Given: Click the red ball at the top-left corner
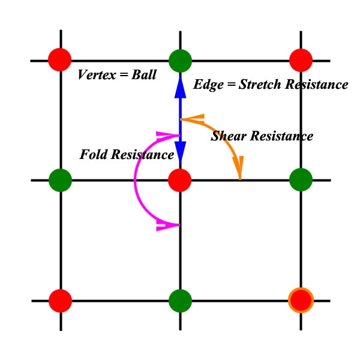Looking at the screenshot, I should point(60,60).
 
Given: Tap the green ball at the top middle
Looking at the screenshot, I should point(180,60).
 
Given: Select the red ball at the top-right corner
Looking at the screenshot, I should point(301,60).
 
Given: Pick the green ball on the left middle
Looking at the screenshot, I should point(60,179).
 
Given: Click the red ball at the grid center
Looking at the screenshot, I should point(180,179).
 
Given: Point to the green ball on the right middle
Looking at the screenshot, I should point(301,179).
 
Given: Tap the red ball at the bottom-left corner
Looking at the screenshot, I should point(60,300).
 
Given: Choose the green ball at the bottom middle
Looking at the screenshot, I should point(180,300).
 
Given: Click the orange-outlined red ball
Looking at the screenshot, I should point(301,300).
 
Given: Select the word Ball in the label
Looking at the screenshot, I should point(144,76).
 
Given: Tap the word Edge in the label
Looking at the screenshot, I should point(205,85).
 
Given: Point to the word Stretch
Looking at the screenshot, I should point(261,85).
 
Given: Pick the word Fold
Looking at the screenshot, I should point(94,155).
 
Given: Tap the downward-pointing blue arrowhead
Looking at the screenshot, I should point(180,150).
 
